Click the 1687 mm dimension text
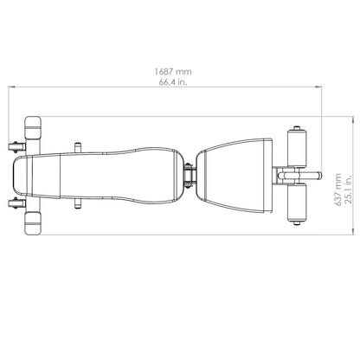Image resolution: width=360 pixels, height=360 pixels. click(x=173, y=71)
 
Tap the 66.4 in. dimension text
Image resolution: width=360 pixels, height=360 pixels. click(x=173, y=82)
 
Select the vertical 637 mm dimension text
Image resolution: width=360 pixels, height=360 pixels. click(x=338, y=190)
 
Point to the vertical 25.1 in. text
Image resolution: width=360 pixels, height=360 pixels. click(x=349, y=190)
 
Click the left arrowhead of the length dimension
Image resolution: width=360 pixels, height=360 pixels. click(x=11, y=87)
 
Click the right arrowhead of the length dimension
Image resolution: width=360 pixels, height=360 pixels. click(x=318, y=87)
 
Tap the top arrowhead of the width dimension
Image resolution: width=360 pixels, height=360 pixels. click(x=353, y=120)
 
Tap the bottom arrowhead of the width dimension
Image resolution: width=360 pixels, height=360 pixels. click(x=353, y=231)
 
